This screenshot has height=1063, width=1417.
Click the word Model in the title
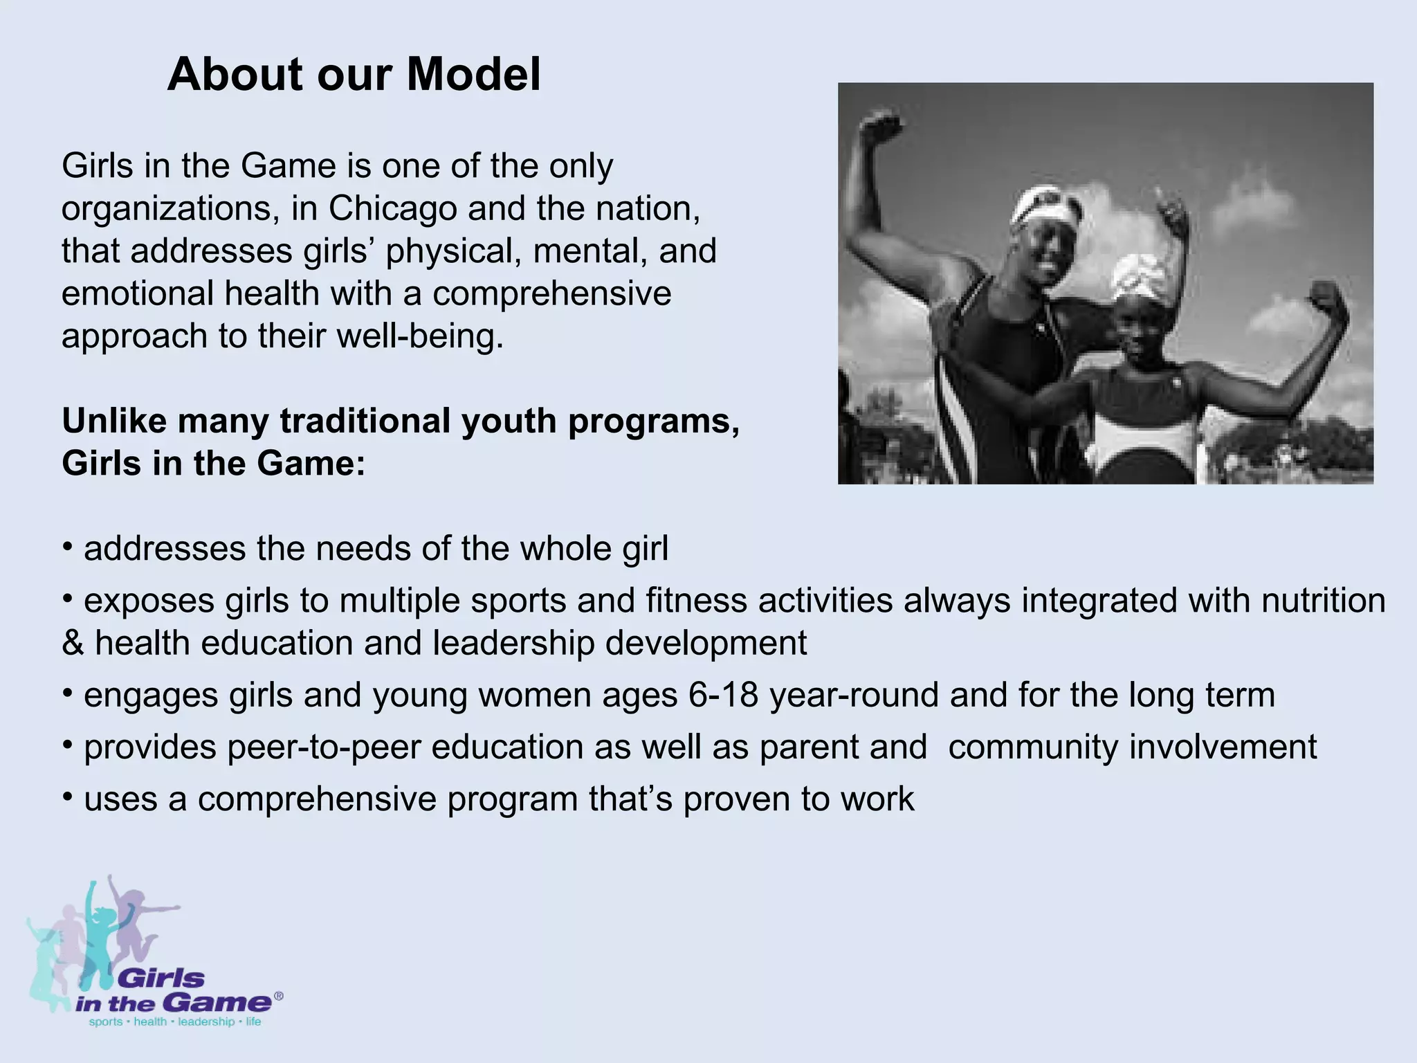(473, 75)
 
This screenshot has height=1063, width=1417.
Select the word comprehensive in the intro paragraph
(551, 293)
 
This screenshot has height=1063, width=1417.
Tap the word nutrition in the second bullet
(1323, 600)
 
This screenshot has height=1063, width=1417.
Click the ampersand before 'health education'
(72, 644)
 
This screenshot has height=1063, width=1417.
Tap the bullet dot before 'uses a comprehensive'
(67, 798)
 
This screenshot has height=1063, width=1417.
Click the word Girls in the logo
(163, 979)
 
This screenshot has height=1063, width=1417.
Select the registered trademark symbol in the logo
(278, 996)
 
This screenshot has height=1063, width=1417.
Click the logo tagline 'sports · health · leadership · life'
(175, 1022)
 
